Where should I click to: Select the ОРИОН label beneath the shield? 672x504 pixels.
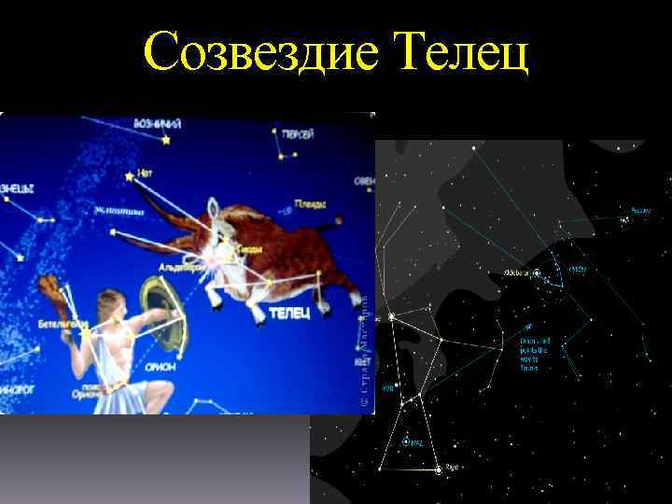tap(161, 366)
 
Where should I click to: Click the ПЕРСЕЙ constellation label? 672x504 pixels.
tap(297, 135)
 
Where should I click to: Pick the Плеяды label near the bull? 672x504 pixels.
tap(310, 203)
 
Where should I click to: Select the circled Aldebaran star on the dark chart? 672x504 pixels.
tap(537, 273)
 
